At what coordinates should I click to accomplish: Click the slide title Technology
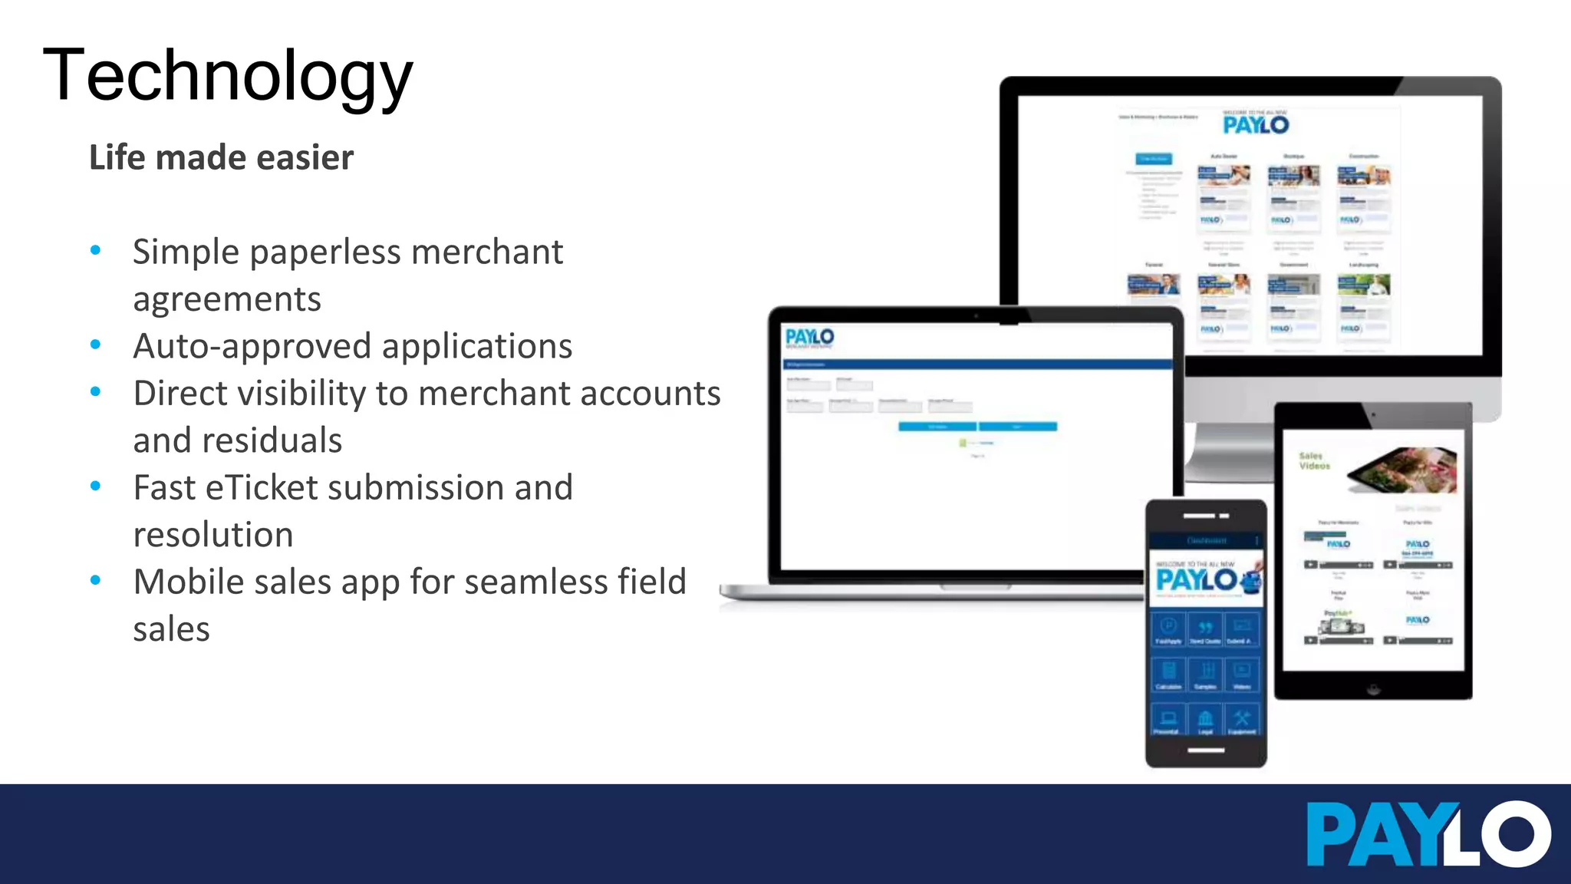coord(228,75)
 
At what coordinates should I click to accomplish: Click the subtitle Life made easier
coord(221,157)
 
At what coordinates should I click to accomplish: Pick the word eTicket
coord(261,487)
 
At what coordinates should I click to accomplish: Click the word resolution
coord(212,535)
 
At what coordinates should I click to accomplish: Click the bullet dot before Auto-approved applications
coord(95,345)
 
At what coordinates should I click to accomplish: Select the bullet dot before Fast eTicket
coord(95,487)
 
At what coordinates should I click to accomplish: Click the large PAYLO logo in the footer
coord(1428,835)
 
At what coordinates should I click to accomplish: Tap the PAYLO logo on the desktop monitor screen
coord(1256,124)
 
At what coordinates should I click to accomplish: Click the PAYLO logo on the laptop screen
coord(809,337)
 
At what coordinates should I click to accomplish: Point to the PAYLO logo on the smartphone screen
coord(1197,579)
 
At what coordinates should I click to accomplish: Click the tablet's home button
coord(1373,688)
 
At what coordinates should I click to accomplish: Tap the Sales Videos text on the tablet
coord(1314,460)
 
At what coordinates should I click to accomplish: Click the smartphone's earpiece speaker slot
coord(1200,516)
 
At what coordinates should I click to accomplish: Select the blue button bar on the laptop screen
coord(977,427)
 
